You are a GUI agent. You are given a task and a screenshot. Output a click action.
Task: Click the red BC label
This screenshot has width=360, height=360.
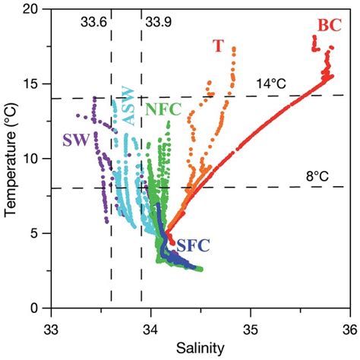329,24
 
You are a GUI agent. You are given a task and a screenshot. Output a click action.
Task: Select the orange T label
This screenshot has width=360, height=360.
218,46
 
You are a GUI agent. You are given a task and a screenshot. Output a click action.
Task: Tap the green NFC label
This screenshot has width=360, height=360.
164,109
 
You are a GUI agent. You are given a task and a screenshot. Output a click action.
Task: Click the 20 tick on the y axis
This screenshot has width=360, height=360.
33,10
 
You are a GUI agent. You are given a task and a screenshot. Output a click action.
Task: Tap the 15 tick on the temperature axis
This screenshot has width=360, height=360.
33,84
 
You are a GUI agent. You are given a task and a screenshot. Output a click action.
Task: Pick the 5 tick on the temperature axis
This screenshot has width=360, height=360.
36,233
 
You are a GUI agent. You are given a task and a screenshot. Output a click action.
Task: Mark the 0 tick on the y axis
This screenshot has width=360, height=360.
36,308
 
